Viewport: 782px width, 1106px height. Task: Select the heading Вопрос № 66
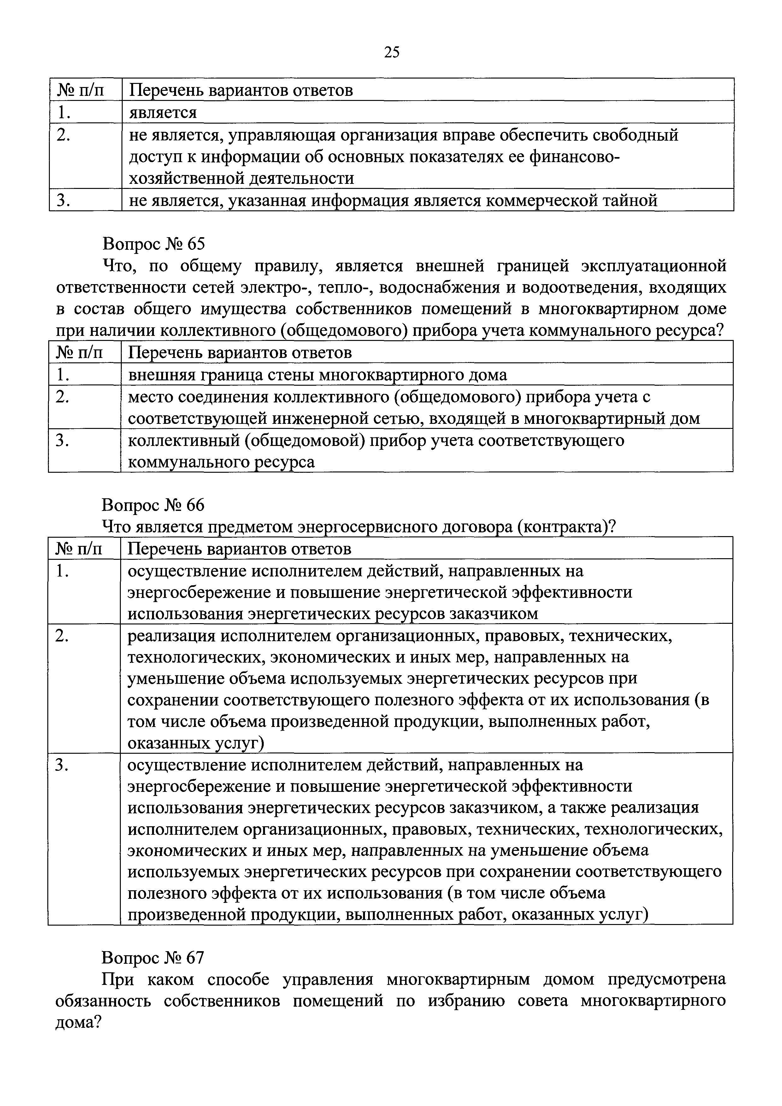(x=153, y=505)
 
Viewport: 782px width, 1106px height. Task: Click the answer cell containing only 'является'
(x=163, y=112)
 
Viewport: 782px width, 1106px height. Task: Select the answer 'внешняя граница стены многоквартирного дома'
(x=318, y=374)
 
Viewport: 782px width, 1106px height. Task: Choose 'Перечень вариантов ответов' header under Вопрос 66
(x=239, y=549)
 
